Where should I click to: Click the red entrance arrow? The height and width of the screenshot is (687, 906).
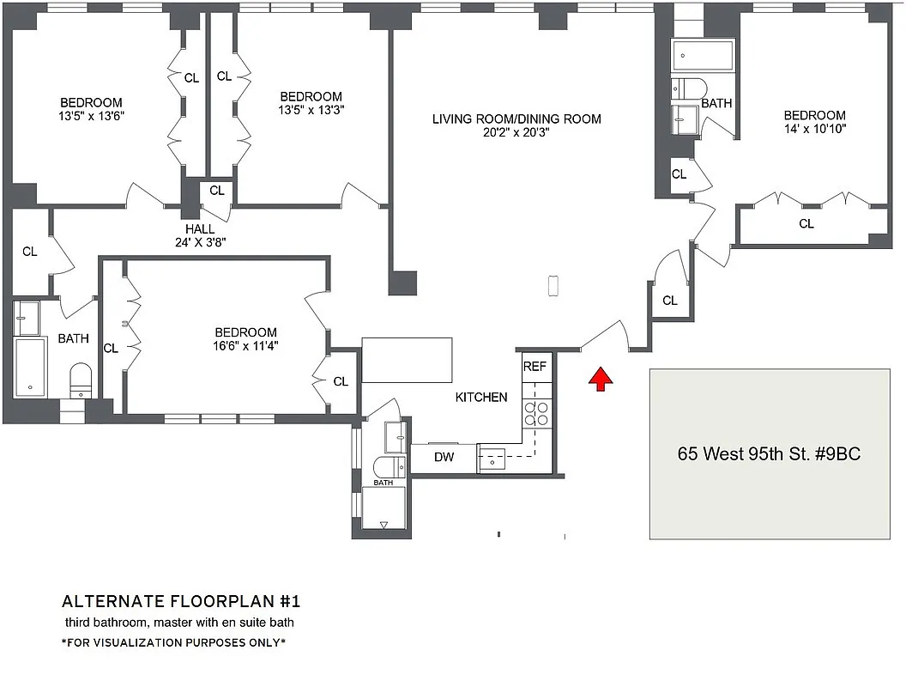[x=601, y=380]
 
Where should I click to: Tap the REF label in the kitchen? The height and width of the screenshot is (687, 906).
[x=535, y=366]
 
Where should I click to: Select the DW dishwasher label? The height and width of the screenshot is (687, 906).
[x=444, y=458]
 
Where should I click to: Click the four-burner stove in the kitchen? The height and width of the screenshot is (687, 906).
[x=536, y=413]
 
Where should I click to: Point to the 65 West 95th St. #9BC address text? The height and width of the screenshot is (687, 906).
[x=769, y=453]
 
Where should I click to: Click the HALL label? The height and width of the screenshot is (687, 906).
[x=200, y=229]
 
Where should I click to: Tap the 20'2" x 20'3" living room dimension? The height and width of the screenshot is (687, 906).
[x=516, y=132]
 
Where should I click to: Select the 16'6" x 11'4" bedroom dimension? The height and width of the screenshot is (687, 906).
[x=245, y=346]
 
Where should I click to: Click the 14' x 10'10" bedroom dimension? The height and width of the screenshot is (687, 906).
[x=815, y=128]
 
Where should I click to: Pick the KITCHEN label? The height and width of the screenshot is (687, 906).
[x=481, y=398]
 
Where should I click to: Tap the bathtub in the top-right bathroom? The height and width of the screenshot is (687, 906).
[x=702, y=56]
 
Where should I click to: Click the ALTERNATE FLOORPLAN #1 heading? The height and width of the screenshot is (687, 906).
[x=181, y=601]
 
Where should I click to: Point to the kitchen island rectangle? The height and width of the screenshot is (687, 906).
[x=407, y=361]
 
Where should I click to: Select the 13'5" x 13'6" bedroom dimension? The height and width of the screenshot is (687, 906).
[x=91, y=116]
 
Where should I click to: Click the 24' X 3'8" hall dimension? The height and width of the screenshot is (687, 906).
[x=200, y=242]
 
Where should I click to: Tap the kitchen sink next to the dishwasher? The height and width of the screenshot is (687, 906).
[x=491, y=459]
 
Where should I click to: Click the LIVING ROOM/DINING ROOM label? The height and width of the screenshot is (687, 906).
[x=516, y=119]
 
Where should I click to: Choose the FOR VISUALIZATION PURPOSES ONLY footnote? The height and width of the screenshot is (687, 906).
[x=174, y=642]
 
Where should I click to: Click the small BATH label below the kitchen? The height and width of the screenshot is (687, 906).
[x=384, y=483]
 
